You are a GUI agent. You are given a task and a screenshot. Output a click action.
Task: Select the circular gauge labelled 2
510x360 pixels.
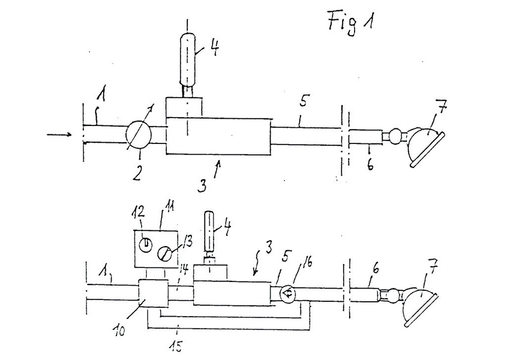(139, 134)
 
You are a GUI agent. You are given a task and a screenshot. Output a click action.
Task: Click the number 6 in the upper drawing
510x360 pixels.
(370, 163)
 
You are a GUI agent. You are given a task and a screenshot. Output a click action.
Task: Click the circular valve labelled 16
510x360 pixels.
(287, 293)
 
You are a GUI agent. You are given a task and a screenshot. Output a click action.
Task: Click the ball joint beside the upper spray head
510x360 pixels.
(396, 134)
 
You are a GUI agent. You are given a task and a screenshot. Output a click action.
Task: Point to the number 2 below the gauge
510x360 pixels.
(137, 175)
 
